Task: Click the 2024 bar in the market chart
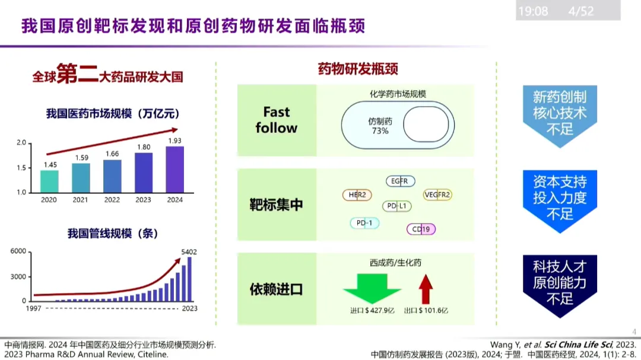click(x=174, y=169)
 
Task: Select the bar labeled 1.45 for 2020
click(x=49, y=181)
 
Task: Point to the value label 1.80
click(x=143, y=147)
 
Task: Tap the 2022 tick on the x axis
click(x=112, y=200)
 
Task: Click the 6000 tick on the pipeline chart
click(x=18, y=251)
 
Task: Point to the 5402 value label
click(x=189, y=252)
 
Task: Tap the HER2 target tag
click(x=357, y=195)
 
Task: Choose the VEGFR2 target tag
click(x=437, y=195)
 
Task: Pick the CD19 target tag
click(x=421, y=229)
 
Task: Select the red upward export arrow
click(x=425, y=288)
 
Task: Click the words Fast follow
click(x=277, y=120)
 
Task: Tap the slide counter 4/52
click(x=580, y=11)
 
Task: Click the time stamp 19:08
click(x=533, y=11)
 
